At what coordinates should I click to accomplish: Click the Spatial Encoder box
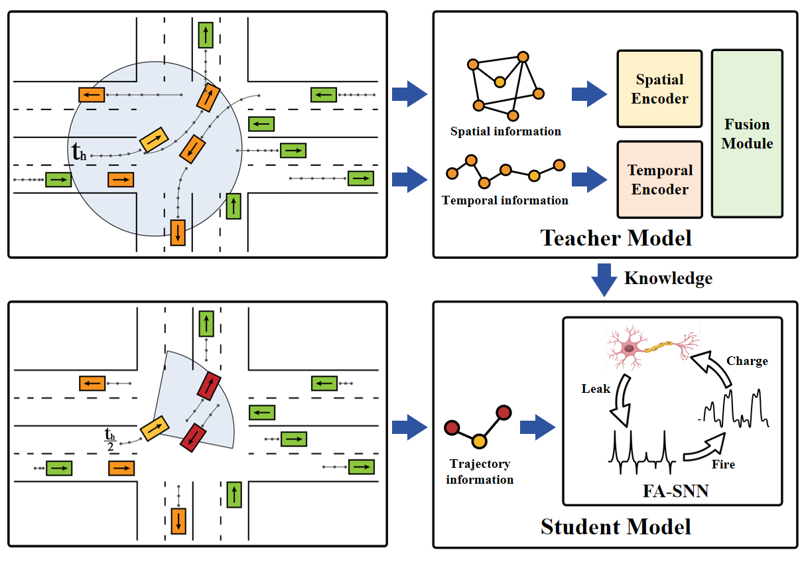point(659,89)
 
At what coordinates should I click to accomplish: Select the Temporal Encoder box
point(659,180)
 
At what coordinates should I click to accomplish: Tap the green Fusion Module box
point(747,134)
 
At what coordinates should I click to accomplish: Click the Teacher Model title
point(616,238)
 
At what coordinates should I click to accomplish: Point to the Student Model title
point(616,527)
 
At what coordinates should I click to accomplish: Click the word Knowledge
point(668,278)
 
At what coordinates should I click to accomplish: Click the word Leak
point(596,389)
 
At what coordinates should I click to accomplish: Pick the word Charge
point(747,361)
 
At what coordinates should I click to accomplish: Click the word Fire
point(723,464)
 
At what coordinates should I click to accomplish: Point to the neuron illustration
point(651,349)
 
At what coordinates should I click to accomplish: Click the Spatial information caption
point(505,131)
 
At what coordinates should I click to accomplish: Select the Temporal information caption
point(505,200)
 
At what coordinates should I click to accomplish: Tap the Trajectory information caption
point(480,472)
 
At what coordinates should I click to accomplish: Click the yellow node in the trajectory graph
point(480,441)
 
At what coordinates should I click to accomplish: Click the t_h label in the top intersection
point(79,153)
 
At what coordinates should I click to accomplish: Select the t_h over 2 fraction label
point(110,439)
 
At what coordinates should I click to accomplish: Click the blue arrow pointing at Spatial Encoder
point(588,94)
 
